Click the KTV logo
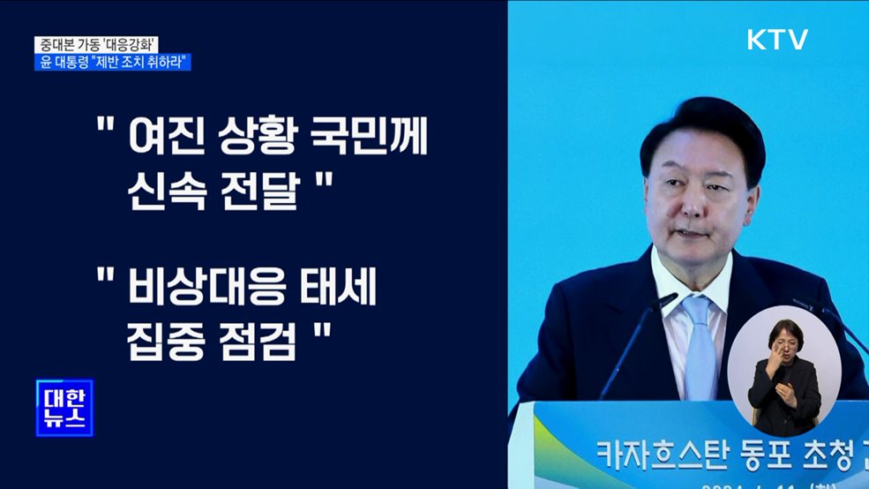coord(777,39)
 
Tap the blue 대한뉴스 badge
coord(64,408)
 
